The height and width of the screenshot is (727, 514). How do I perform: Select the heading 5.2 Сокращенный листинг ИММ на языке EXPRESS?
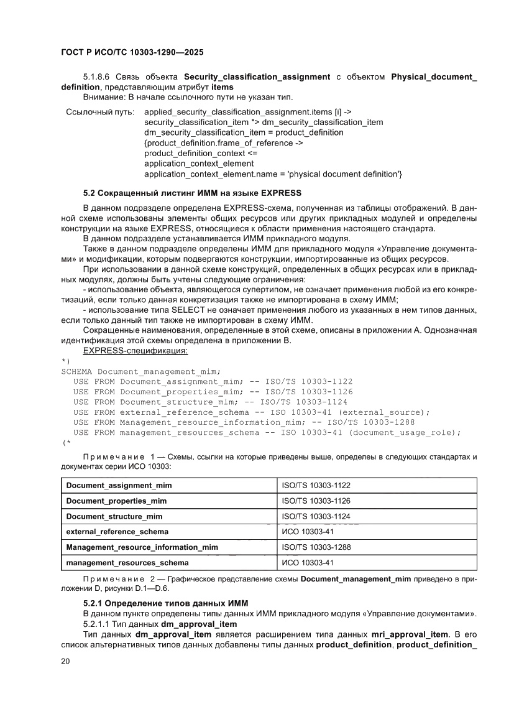(192, 192)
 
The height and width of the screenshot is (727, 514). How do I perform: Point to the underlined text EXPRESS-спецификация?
(135, 351)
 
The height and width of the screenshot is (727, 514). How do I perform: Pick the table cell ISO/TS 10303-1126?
(316, 501)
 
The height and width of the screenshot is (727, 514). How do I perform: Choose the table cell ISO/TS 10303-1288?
(316, 547)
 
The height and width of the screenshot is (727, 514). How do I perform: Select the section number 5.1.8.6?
(97, 76)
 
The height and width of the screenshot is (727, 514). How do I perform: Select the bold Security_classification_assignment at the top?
(257, 76)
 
